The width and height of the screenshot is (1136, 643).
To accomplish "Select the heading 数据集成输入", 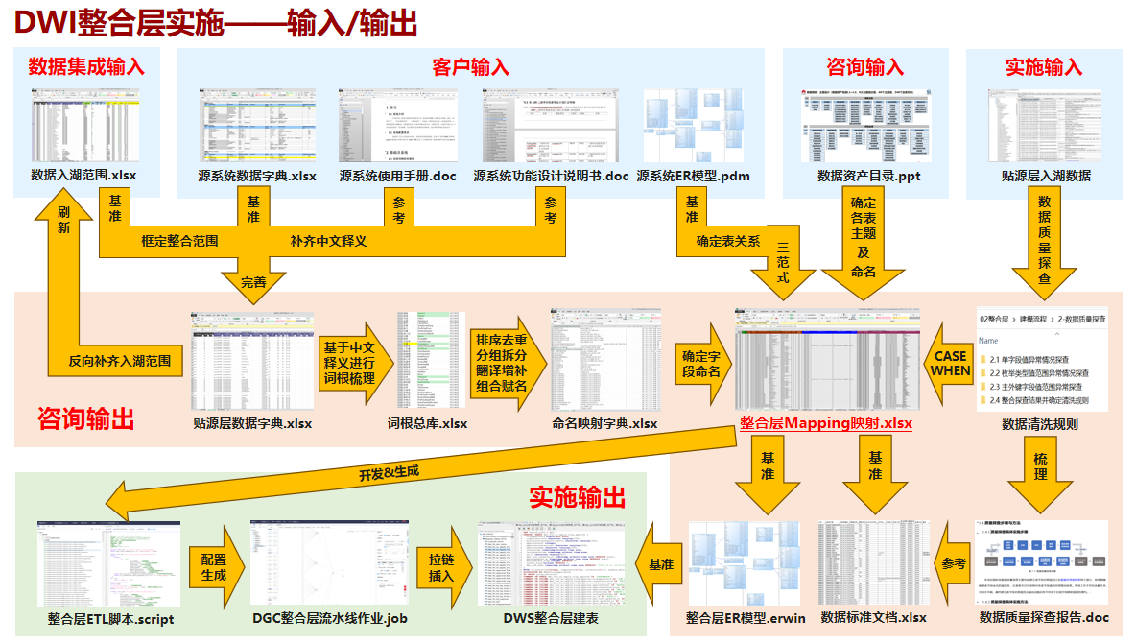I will click(86, 66).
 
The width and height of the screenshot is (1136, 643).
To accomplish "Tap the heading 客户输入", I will click(470, 66).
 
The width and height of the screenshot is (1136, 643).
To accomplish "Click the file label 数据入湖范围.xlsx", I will click(83, 176).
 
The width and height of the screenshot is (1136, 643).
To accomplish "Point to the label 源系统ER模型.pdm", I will click(693, 176).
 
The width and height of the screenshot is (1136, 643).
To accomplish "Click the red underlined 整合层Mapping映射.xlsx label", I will click(825, 423).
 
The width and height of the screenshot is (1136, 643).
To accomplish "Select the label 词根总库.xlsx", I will click(427, 423).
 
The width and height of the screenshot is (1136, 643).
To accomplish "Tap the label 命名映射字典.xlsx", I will click(604, 423).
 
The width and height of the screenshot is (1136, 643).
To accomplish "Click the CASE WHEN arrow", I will click(949, 363).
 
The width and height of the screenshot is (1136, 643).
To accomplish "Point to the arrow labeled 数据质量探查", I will click(1044, 240).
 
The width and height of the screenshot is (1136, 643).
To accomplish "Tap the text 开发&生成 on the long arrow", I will click(389, 473).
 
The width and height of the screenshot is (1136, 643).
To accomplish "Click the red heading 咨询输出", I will click(85, 418).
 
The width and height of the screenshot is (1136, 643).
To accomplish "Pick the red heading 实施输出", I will click(578, 496).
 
